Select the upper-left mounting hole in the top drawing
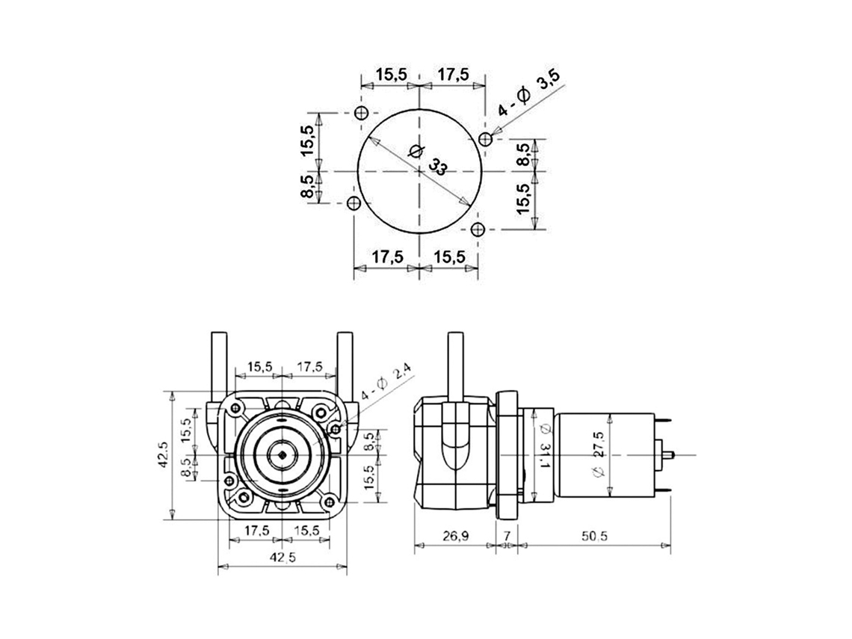click(x=361, y=114)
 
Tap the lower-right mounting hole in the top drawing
click(x=478, y=229)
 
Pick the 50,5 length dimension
click(x=594, y=537)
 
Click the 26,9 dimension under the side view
click(x=455, y=537)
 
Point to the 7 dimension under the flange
click(x=507, y=537)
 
